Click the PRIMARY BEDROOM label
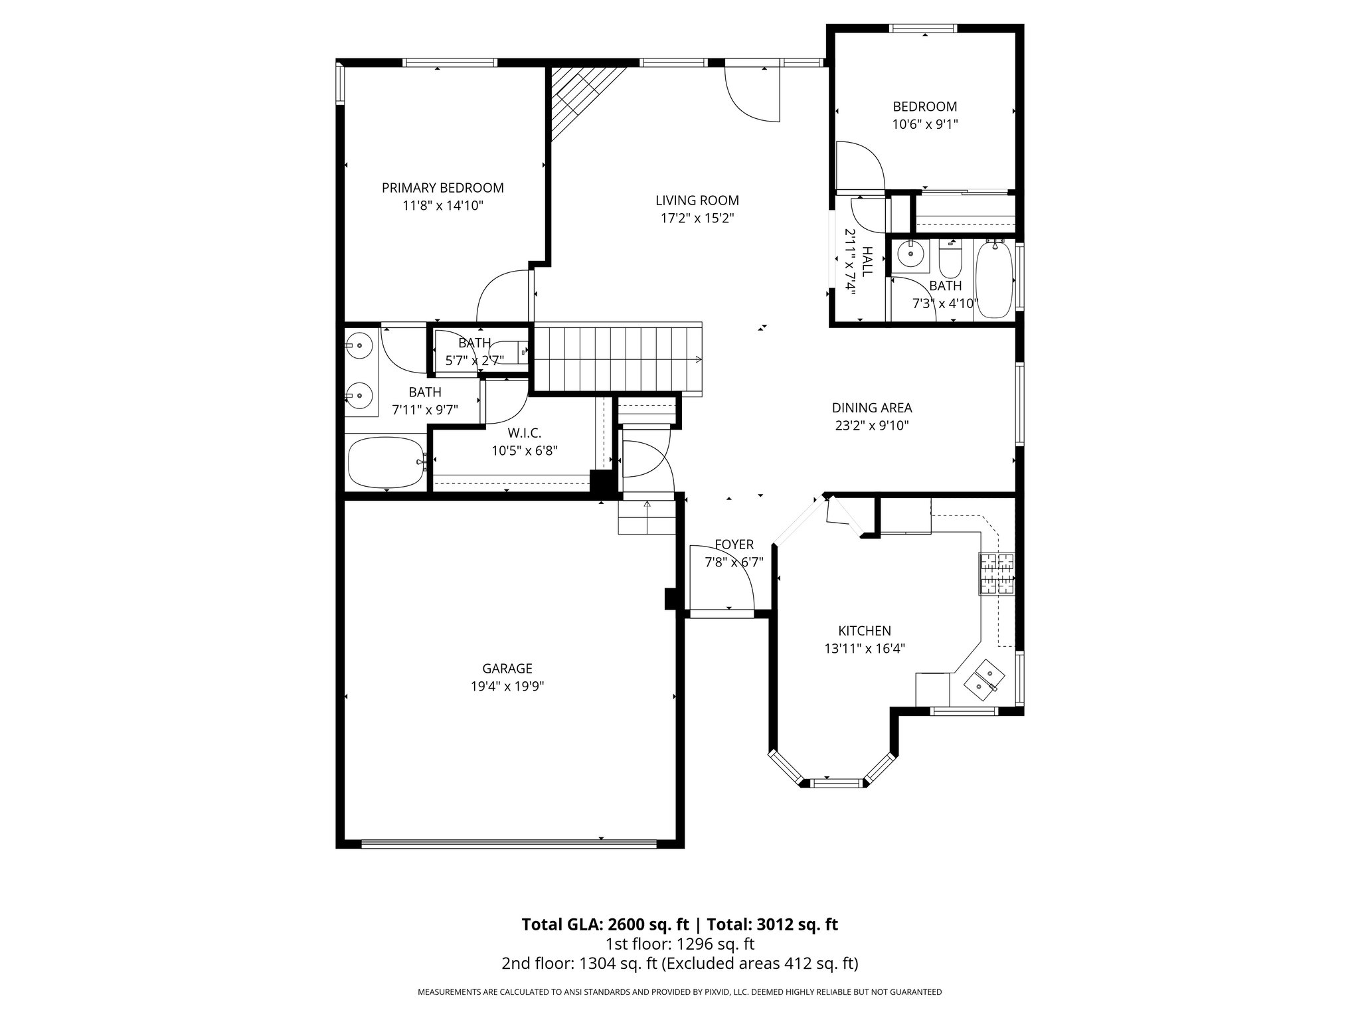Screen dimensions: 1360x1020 pyautogui.click(x=442, y=188)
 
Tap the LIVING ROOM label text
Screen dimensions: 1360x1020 pyautogui.click(x=697, y=201)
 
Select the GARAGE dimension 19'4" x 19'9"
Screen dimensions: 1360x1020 pyautogui.click(x=507, y=687)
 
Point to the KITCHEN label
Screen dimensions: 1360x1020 pyautogui.click(x=865, y=631)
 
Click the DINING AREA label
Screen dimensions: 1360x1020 pyautogui.click(x=872, y=408)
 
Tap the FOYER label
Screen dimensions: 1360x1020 pyautogui.click(x=734, y=545)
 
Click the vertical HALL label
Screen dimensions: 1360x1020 pyautogui.click(x=867, y=262)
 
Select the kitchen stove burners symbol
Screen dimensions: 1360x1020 pyautogui.click(x=996, y=574)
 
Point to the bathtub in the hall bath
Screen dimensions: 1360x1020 pyautogui.click(x=993, y=281)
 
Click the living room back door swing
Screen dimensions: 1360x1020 pyautogui.click(x=752, y=93)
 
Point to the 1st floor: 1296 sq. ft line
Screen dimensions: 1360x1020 pyautogui.click(x=679, y=944)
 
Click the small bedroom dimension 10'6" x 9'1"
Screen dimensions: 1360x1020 pyautogui.click(x=925, y=124)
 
